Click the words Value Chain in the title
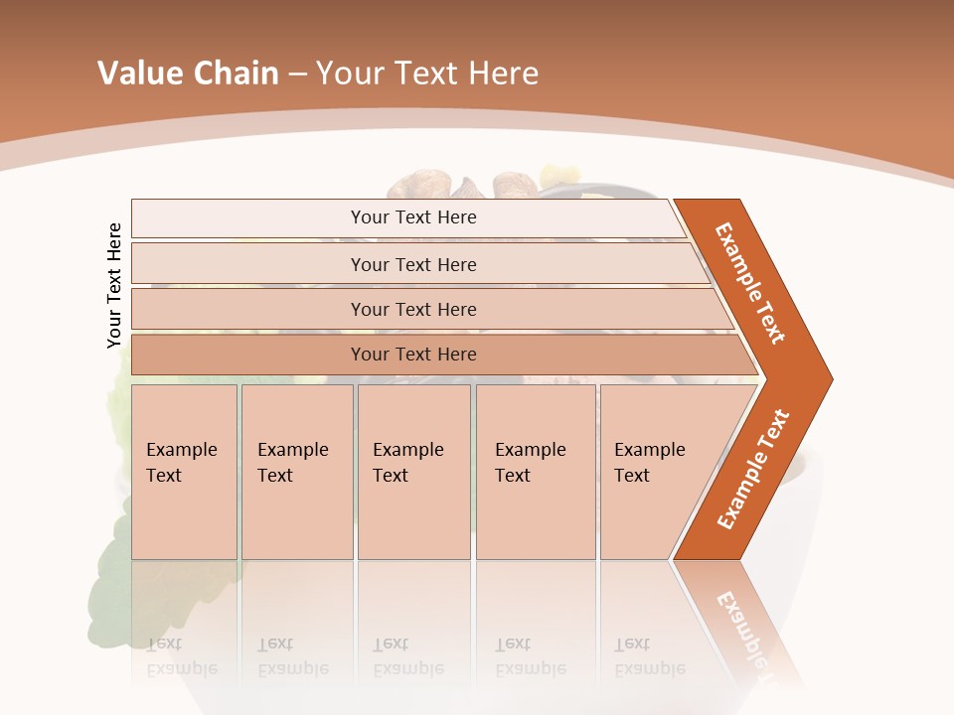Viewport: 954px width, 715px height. pyautogui.click(x=188, y=73)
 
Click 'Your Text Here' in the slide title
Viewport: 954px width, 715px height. pyautogui.click(x=426, y=73)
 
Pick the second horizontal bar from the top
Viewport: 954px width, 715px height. pyautogui.click(x=413, y=264)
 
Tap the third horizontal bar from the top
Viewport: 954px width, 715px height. pyautogui.click(x=413, y=309)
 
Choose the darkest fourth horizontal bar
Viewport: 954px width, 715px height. pyautogui.click(x=413, y=355)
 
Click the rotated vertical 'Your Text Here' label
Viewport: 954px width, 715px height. pyautogui.click(x=114, y=285)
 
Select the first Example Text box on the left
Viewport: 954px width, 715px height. pyautogui.click(x=184, y=472)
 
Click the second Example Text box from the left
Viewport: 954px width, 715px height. pyautogui.click(x=296, y=472)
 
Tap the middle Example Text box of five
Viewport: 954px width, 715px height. pyautogui.click(x=413, y=472)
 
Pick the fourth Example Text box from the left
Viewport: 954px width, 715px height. pyautogui.click(x=535, y=472)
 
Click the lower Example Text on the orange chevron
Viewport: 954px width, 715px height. pyautogui.click(x=753, y=470)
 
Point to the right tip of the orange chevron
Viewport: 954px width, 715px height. pyautogui.click(x=830, y=378)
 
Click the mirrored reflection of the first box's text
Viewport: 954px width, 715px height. pyautogui.click(x=181, y=656)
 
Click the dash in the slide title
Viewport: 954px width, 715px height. pyautogui.click(x=297, y=74)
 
